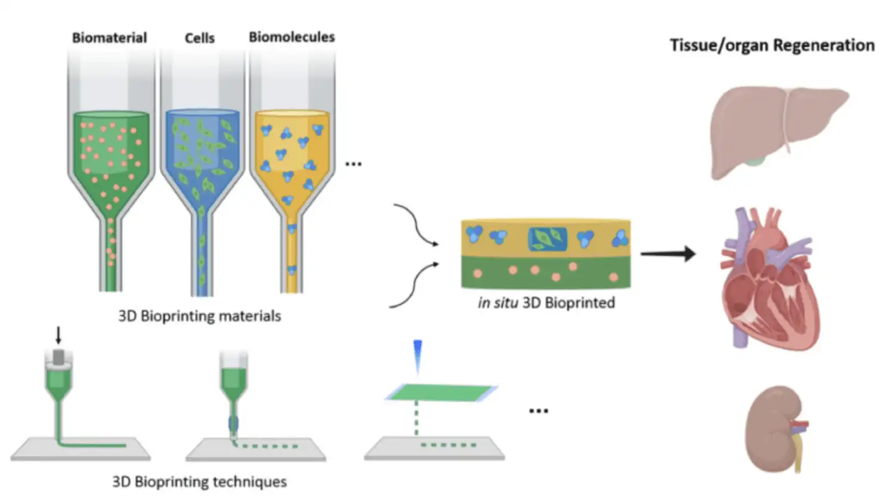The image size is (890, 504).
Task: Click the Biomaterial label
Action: (x=109, y=38)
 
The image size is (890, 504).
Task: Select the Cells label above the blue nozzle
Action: (x=200, y=38)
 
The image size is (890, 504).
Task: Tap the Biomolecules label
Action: (x=292, y=37)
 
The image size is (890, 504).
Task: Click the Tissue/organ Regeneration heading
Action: (x=772, y=45)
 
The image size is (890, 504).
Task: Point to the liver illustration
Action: (x=776, y=130)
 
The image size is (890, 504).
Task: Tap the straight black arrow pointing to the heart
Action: (x=667, y=253)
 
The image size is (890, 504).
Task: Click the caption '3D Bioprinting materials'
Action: (x=200, y=316)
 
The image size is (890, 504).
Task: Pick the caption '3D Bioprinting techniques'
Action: (x=200, y=481)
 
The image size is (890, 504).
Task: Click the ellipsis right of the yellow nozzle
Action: (x=354, y=164)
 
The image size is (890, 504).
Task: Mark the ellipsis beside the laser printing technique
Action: (x=539, y=410)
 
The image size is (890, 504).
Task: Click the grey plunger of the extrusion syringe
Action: (x=59, y=356)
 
